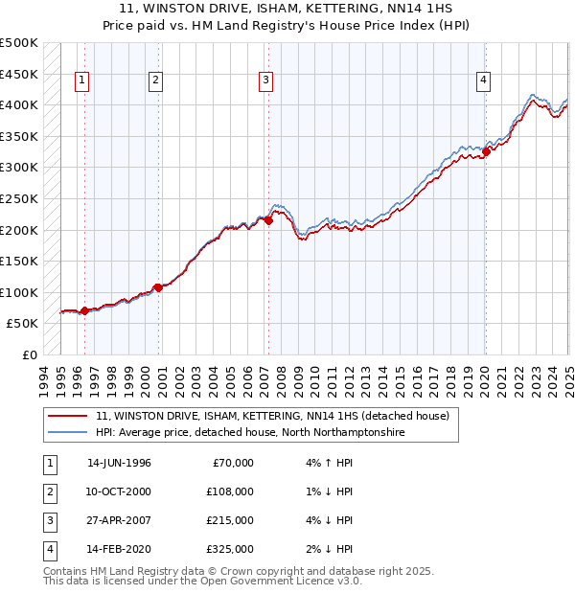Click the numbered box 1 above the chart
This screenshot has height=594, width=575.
coord(83,81)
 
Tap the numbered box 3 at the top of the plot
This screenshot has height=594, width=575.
coord(265,81)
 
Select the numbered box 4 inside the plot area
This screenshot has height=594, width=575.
coord(484,81)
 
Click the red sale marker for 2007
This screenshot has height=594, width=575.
coord(268,220)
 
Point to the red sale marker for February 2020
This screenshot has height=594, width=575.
coord(486,150)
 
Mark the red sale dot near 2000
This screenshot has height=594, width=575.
coord(158,286)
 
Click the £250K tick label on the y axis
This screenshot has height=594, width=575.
coord(19,198)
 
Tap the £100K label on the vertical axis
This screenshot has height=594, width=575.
coord(19,292)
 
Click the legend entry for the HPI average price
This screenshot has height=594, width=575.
coord(250,433)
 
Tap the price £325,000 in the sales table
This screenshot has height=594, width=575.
coord(230,549)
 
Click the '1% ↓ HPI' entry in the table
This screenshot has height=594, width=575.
coord(330,491)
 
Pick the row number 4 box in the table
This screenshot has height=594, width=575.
coord(49,549)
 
